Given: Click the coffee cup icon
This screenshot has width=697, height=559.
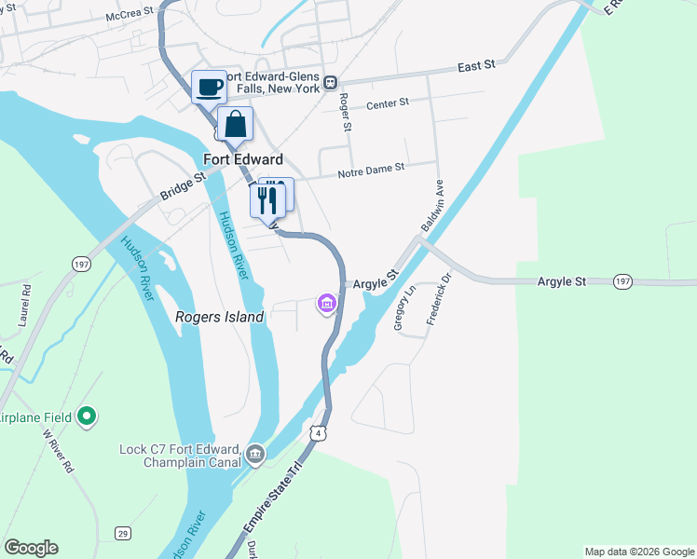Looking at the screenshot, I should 210,87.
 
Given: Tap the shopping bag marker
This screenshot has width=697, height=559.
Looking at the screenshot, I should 236,124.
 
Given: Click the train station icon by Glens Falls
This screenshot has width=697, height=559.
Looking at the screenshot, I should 331,83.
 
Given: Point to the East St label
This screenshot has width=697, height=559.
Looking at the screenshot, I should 476,67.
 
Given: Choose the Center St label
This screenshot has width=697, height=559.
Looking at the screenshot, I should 388,104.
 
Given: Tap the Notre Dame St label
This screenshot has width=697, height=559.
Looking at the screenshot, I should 371,169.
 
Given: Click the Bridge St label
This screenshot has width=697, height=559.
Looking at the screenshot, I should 182,184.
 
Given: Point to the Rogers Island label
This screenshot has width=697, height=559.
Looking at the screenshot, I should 220,317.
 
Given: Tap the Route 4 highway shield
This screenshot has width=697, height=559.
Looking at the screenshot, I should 320,433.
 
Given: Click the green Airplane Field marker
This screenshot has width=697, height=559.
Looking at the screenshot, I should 87,416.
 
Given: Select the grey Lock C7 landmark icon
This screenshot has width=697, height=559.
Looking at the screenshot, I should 255,456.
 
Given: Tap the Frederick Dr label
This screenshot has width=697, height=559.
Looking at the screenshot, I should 439,297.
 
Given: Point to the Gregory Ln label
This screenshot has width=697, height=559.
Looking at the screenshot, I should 404,308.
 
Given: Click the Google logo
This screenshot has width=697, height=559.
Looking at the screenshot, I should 31,548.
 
